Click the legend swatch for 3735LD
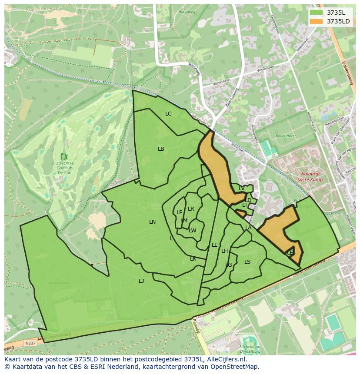coord(316,21)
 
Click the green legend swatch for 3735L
coord(316,13)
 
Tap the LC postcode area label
coord(168,114)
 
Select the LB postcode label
coord(161,149)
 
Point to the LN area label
coord(152,222)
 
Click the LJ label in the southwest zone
coord(141,281)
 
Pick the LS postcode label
coord(247,262)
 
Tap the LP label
coord(179,212)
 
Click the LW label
coord(193,231)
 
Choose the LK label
coord(193,259)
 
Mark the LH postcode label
coord(224,251)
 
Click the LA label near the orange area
coord(248,228)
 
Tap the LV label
coord(241,189)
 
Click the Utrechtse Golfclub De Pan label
coord(65,168)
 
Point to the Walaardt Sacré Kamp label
coord(310,176)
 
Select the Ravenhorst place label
coord(285,136)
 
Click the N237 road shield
coord(30,343)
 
